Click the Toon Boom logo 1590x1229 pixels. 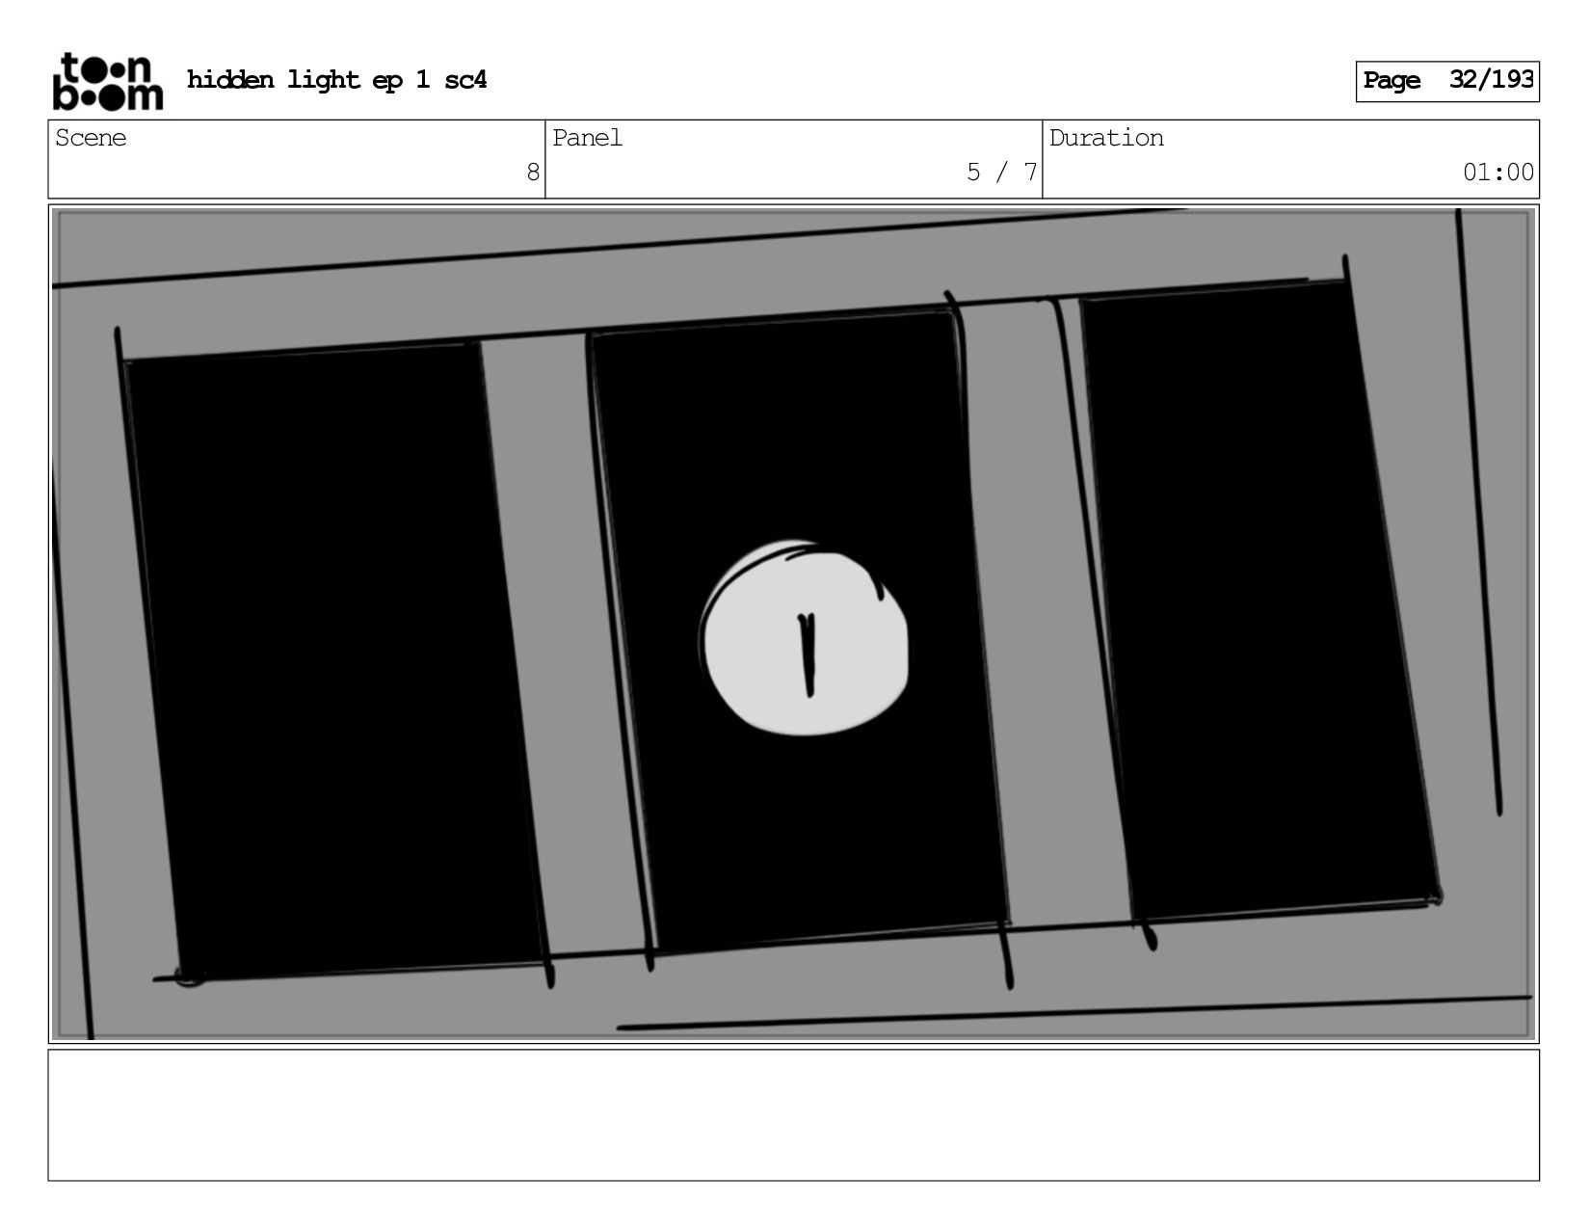(x=108, y=81)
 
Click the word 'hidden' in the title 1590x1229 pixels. (x=230, y=79)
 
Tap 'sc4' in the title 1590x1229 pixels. (x=465, y=79)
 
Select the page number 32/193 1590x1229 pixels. (x=1491, y=79)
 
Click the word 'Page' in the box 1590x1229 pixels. (x=1391, y=81)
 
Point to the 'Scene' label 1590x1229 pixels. (x=91, y=138)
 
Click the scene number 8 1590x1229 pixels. (x=533, y=172)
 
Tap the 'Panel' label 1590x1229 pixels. (x=587, y=138)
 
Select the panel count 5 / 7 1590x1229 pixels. (x=1002, y=172)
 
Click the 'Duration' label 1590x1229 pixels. (x=1106, y=138)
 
